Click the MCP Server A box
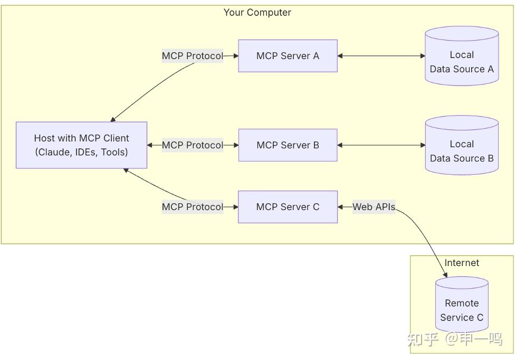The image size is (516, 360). point(288,55)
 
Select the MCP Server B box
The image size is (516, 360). point(288,145)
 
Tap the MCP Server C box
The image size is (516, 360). point(288,207)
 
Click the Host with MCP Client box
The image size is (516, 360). point(81,145)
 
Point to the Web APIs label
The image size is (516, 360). point(374,207)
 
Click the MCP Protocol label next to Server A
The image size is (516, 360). point(192,55)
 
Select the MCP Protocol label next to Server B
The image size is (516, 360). point(192,145)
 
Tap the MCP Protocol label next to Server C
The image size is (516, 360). point(192,207)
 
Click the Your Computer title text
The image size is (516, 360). point(257,12)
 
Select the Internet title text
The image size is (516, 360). point(462,263)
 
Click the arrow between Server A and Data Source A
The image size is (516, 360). point(381,55)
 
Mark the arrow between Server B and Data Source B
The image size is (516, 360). point(381,145)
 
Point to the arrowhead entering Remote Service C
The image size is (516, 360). point(446,274)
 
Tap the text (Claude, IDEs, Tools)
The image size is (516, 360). point(81,152)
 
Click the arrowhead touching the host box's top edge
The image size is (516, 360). point(113,119)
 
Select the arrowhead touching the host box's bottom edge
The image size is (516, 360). point(126,170)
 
